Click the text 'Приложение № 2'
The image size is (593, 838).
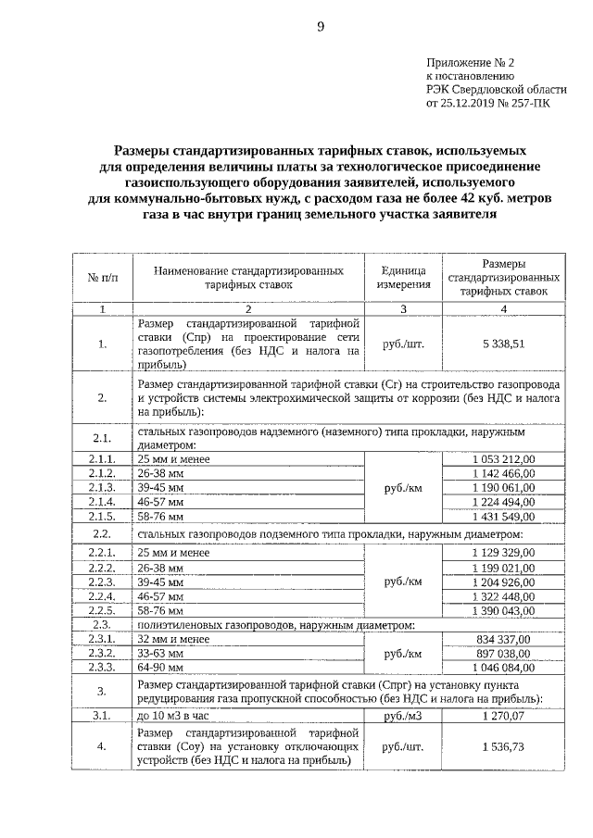click(x=470, y=64)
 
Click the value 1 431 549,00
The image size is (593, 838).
click(x=503, y=515)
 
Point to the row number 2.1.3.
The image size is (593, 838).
click(x=102, y=487)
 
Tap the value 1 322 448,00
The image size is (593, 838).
click(x=503, y=597)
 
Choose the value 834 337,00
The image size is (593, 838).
click(x=503, y=639)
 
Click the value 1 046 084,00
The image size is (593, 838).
click(x=503, y=667)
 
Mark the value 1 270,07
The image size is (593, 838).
click(x=503, y=715)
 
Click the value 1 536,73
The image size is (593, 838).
click(x=503, y=746)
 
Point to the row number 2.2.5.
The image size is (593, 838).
click(x=102, y=611)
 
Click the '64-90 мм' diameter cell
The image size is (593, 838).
click(x=159, y=667)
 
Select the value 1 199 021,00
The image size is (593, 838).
click(x=503, y=568)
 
